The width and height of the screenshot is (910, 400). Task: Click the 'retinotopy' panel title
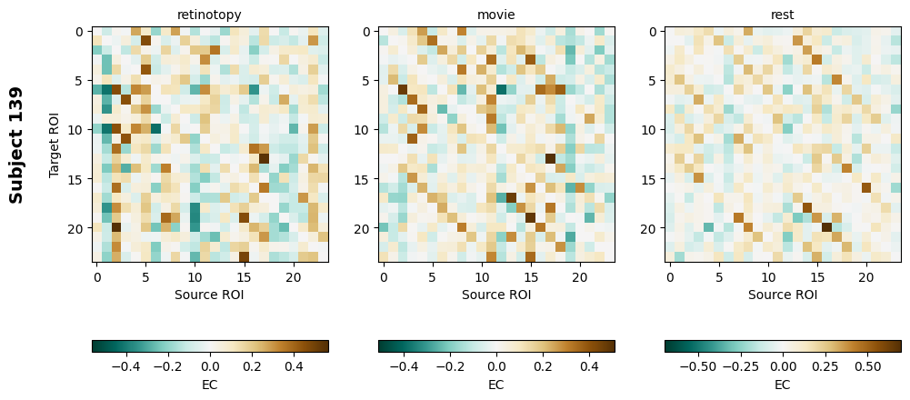tap(210, 15)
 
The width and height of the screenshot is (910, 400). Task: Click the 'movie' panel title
tap(496, 15)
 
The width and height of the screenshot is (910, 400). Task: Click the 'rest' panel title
tap(783, 15)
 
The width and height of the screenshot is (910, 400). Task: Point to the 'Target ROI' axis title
tap(55, 145)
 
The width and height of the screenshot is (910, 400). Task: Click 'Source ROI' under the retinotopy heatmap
tap(210, 295)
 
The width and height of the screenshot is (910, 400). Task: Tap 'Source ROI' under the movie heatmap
tap(496, 295)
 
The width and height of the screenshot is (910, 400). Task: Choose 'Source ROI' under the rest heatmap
tap(783, 295)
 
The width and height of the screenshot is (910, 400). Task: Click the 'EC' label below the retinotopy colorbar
tap(210, 385)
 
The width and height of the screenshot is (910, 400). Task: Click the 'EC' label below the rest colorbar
tap(783, 385)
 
